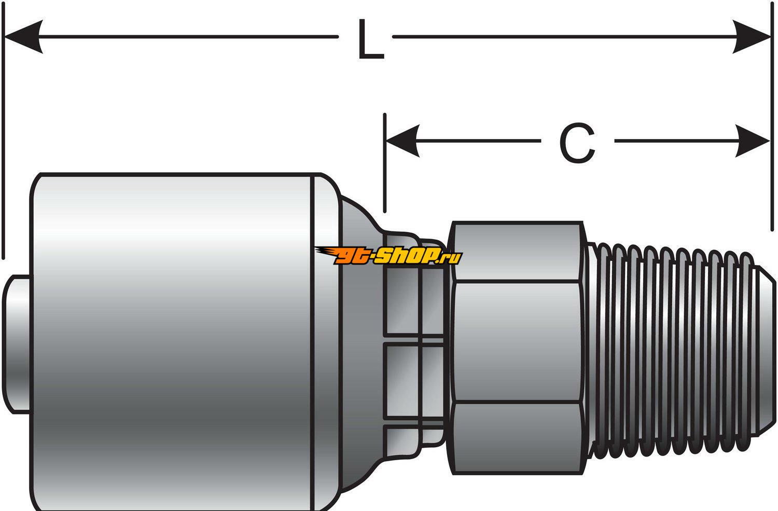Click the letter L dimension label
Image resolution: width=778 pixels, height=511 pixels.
(x=370, y=40)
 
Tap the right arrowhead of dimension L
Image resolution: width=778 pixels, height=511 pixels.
(x=752, y=36)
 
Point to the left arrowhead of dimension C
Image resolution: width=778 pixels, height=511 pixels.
(x=404, y=141)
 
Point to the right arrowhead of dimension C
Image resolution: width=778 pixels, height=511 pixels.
(x=753, y=141)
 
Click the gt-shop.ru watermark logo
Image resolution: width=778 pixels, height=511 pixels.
(x=389, y=255)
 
